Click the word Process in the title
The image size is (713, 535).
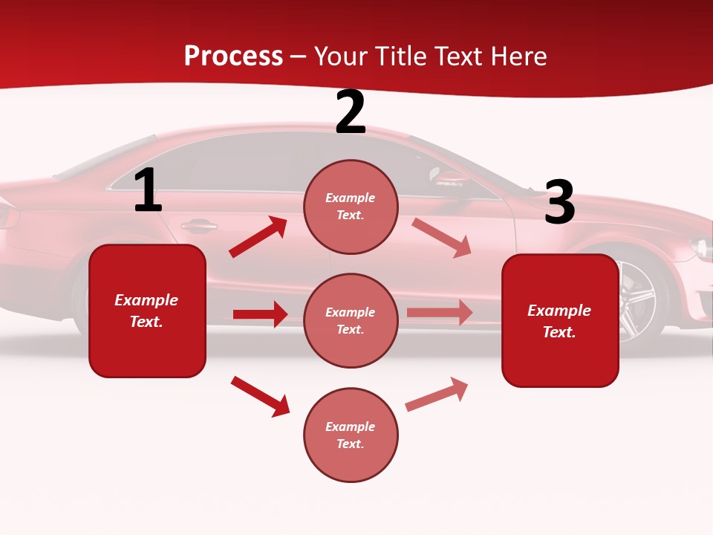(x=233, y=56)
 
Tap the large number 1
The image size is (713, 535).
(x=148, y=191)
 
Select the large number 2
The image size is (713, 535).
(x=351, y=112)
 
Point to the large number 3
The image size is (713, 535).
(x=559, y=203)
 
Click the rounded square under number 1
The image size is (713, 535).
(x=147, y=311)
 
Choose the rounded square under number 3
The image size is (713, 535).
(x=560, y=321)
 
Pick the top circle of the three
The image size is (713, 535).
(x=351, y=207)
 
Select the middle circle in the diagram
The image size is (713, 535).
(x=351, y=321)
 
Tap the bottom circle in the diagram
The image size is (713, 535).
(x=351, y=435)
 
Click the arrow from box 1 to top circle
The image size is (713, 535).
(x=258, y=237)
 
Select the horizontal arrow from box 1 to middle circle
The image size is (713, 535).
(x=260, y=314)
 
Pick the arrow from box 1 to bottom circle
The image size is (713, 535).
(x=260, y=396)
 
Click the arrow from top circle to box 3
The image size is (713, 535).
(x=441, y=237)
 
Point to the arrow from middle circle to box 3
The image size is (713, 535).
(x=440, y=313)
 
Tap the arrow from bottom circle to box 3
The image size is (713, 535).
(x=437, y=394)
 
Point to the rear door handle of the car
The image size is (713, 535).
(x=198, y=224)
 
